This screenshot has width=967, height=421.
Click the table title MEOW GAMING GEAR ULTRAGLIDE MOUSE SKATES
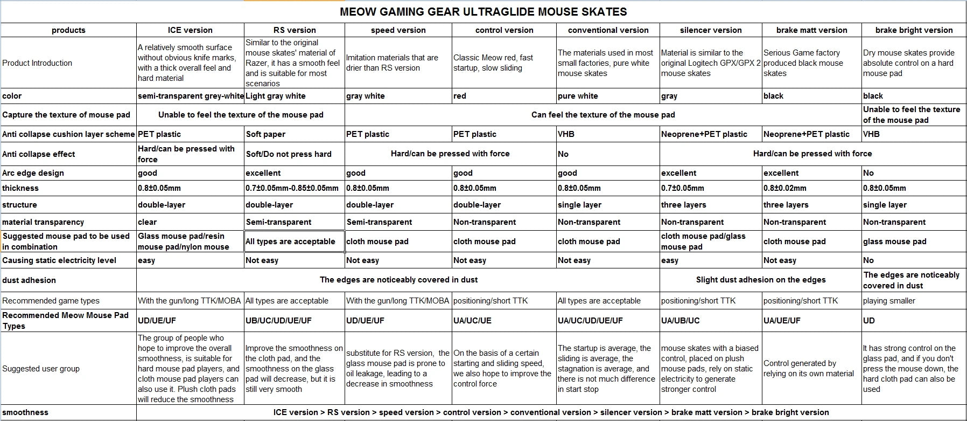pyautogui.click(x=483, y=11)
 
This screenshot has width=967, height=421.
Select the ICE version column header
pyautogui.click(x=190, y=30)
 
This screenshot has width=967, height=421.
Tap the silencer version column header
pyautogui.click(x=710, y=30)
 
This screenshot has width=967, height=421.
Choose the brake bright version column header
pyautogui.click(x=914, y=30)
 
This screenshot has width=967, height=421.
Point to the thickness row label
pyautogui.click(x=20, y=188)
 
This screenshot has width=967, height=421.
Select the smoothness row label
pyautogui.click(x=25, y=412)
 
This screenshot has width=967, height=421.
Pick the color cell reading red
pyautogui.click(x=460, y=96)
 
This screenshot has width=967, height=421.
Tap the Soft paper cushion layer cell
pyautogui.click(x=265, y=134)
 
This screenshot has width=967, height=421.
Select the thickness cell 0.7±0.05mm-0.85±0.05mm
pyautogui.click(x=292, y=188)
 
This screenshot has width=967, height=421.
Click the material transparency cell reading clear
pyautogui.click(x=147, y=222)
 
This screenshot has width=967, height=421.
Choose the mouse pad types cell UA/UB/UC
pyautogui.click(x=680, y=320)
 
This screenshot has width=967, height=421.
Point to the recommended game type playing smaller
pyautogui.click(x=889, y=301)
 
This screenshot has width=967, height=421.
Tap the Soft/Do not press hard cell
pyautogui.click(x=289, y=154)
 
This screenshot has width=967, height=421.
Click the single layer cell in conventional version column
pyautogui.click(x=579, y=205)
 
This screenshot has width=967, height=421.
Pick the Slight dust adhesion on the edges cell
pyautogui.click(x=760, y=280)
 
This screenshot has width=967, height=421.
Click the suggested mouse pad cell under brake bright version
pyautogui.click(x=894, y=241)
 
